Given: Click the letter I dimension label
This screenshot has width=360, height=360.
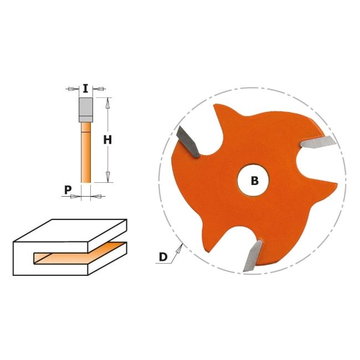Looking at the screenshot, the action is coord(85,89).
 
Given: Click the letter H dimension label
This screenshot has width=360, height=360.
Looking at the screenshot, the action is coord(107,140).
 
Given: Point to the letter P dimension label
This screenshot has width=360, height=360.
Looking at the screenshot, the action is coord(68,190).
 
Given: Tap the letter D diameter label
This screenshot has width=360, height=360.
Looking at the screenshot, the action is coord(163,257).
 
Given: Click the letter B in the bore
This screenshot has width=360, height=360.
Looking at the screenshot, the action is coord(255,181).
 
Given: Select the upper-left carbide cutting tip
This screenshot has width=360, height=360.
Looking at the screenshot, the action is coord(188,142).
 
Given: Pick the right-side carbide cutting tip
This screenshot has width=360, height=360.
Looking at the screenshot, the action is coord(318,142).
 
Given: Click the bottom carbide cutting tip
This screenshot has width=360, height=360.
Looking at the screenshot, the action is coord(253,255).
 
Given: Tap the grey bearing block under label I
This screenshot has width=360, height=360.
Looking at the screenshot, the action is coord(86,110).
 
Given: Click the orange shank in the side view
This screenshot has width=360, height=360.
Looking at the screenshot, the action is coord(86,152).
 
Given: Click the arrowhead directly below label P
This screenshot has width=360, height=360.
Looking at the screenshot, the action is coord(75,196).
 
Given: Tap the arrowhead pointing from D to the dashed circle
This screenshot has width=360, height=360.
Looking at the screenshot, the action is coord(179,249).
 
